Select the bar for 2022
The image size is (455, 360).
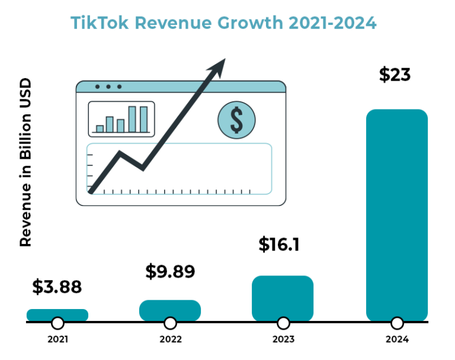(x=170, y=310)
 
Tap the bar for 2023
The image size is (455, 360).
(x=283, y=298)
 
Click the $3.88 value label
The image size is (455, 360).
(x=57, y=287)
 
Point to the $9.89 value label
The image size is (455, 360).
(x=170, y=272)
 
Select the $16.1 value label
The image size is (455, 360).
(x=279, y=245)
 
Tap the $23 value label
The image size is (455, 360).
(x=395, y=75)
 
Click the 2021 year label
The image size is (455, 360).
(x=57, y=340)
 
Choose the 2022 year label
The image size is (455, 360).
(x=171, y=340)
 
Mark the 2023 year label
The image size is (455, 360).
(x=283, y=340)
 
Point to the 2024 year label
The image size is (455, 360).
(x=397, y=340)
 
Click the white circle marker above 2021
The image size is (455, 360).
(x=57, y=323)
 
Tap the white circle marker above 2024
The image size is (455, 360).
(x=397, y=323)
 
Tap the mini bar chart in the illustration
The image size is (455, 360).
(x=121, y=118)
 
